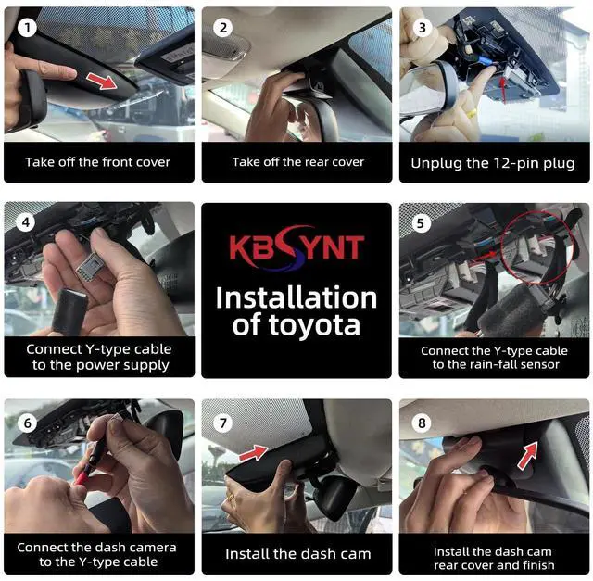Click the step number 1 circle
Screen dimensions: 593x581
27,28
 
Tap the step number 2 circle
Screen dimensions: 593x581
223,28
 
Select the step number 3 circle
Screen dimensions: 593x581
423,28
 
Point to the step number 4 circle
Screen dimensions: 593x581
26,222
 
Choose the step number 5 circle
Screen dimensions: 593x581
421,223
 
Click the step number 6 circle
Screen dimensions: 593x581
27,423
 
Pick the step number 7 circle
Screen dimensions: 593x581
223,423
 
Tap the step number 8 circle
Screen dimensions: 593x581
422,423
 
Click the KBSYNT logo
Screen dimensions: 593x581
296,247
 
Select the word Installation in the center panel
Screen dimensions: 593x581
296,298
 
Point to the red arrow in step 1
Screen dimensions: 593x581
102,81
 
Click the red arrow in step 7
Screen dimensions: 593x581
254,452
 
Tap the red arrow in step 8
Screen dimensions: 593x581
528,455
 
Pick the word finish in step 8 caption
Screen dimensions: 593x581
537,565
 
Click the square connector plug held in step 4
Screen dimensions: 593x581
90,268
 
